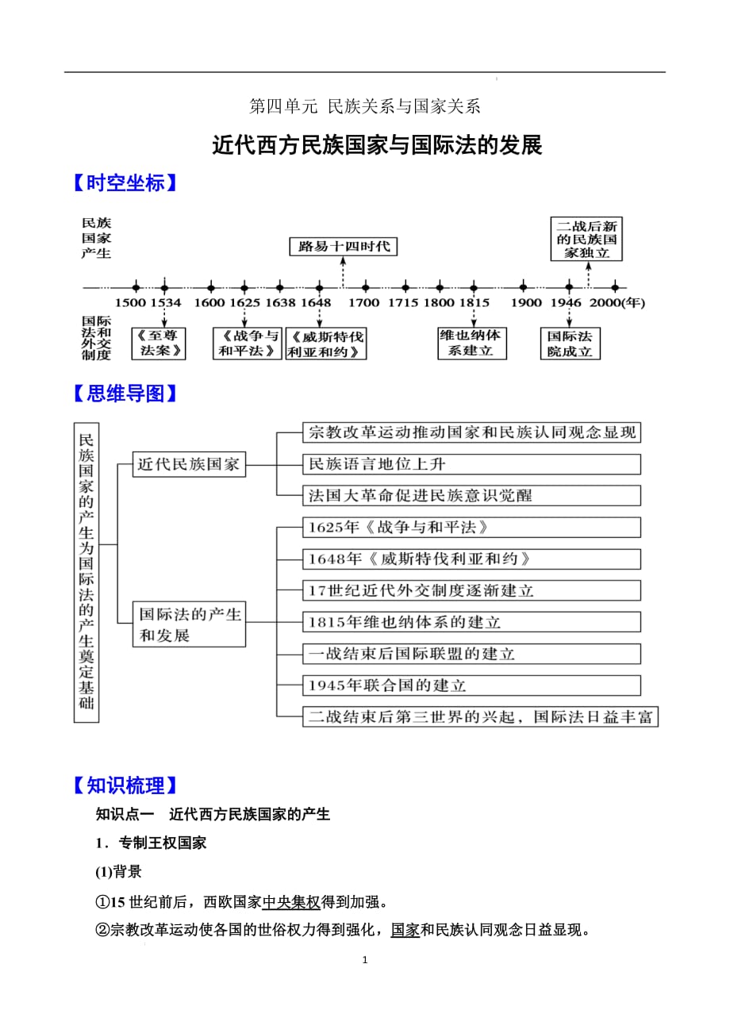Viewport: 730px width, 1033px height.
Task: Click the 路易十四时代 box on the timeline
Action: coord(343,246)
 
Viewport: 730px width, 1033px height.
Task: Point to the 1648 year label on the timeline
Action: coord(317,302)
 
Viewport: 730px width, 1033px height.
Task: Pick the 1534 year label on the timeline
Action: coord(165,302)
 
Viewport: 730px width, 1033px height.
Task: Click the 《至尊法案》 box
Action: coord(159,344)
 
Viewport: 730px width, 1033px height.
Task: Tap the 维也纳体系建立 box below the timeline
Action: coord(471,343)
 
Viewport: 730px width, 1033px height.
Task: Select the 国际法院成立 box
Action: coord(570,344)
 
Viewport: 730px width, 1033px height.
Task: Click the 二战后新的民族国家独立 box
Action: coord(587,239)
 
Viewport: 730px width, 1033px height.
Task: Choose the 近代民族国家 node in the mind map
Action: coord(189,464)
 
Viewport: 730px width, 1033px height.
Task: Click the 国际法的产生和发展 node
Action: coord(189,624)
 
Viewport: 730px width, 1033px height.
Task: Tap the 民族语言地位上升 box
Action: coord(471,464)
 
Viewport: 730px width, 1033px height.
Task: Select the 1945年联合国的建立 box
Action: coord(471,685)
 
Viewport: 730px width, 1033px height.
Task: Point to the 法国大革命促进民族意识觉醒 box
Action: coord(471,496)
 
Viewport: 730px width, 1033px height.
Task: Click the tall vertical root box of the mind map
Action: coord(86,572)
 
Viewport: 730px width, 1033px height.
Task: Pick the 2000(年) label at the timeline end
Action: coord(618,302)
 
